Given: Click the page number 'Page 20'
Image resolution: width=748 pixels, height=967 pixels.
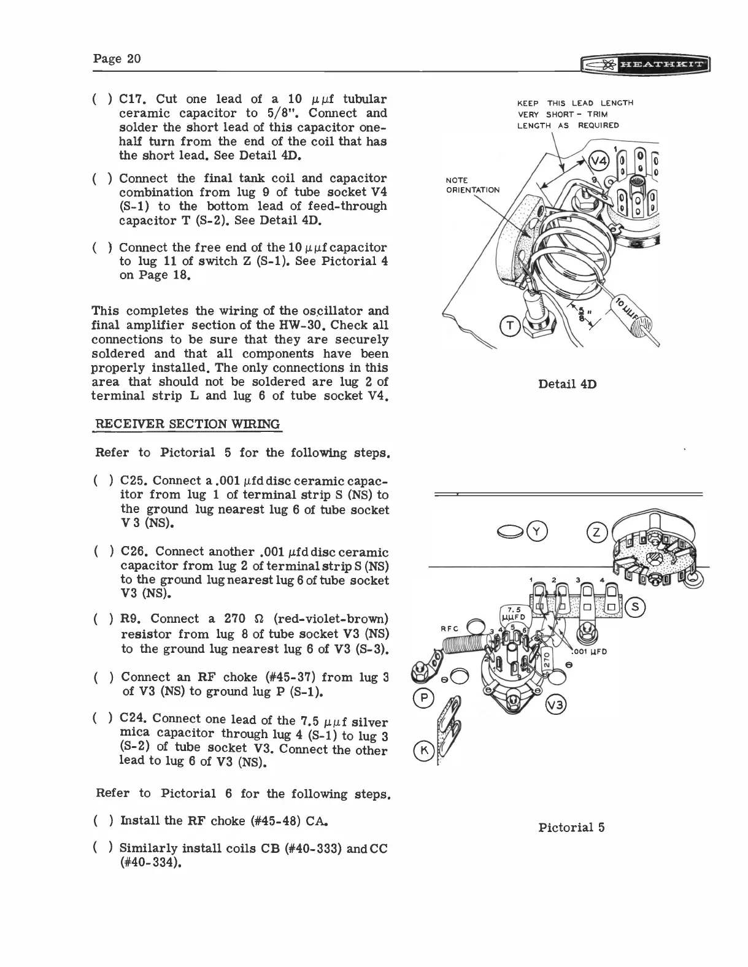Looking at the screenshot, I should point(117,58).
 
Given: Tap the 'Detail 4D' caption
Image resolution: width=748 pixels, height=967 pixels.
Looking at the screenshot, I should point(567,384).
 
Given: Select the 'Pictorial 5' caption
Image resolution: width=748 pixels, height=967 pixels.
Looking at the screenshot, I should point(571,827).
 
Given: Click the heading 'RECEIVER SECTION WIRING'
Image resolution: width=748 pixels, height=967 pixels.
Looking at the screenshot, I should point(187,424).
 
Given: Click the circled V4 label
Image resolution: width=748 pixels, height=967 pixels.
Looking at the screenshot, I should point(598,162).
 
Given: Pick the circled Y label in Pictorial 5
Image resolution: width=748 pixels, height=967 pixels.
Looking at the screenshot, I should point(538,531).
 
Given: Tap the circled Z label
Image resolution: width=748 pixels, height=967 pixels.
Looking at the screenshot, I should point(597,531).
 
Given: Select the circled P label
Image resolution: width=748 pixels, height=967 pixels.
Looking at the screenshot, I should point(423,698).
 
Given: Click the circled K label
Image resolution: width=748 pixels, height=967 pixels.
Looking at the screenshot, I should point(423,750).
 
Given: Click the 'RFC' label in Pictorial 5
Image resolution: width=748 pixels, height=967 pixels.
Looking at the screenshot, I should point(451,628).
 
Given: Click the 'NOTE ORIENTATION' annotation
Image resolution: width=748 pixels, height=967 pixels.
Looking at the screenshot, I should point(472,185).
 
